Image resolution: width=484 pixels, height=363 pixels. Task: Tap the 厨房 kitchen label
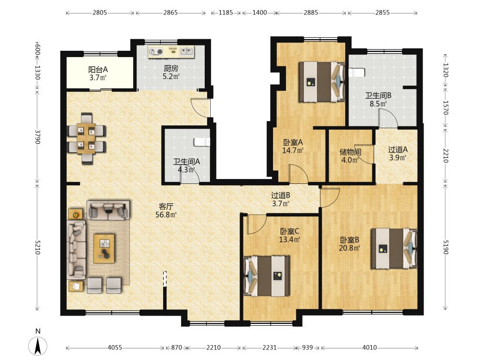point(171,68)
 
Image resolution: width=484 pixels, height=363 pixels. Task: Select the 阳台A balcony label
point(98,70)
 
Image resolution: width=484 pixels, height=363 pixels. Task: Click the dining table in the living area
point(86,138)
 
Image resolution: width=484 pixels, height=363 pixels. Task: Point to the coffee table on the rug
point(104,248)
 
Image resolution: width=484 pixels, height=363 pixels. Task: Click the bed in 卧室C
point(267,276)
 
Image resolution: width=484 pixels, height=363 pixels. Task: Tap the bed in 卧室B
point(394,248)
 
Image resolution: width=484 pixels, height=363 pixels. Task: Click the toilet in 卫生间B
point(357,73)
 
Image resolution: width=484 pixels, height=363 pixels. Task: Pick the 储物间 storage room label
point(350,152)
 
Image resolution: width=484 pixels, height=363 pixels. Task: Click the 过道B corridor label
point(281,196)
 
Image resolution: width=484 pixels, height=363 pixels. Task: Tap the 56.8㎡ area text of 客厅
point(166,214)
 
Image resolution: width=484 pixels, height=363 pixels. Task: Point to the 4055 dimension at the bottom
point(115,348)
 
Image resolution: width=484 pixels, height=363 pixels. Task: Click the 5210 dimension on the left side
point(37,247)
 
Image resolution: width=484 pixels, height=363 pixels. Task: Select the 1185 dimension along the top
point(226,13)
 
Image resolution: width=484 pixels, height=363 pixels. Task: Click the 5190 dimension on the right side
point(445,247)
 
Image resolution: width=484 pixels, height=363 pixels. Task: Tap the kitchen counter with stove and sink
point(171,52)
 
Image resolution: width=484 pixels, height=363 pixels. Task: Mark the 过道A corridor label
point(398,150)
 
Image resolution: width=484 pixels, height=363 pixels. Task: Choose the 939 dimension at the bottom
point(307,348)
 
